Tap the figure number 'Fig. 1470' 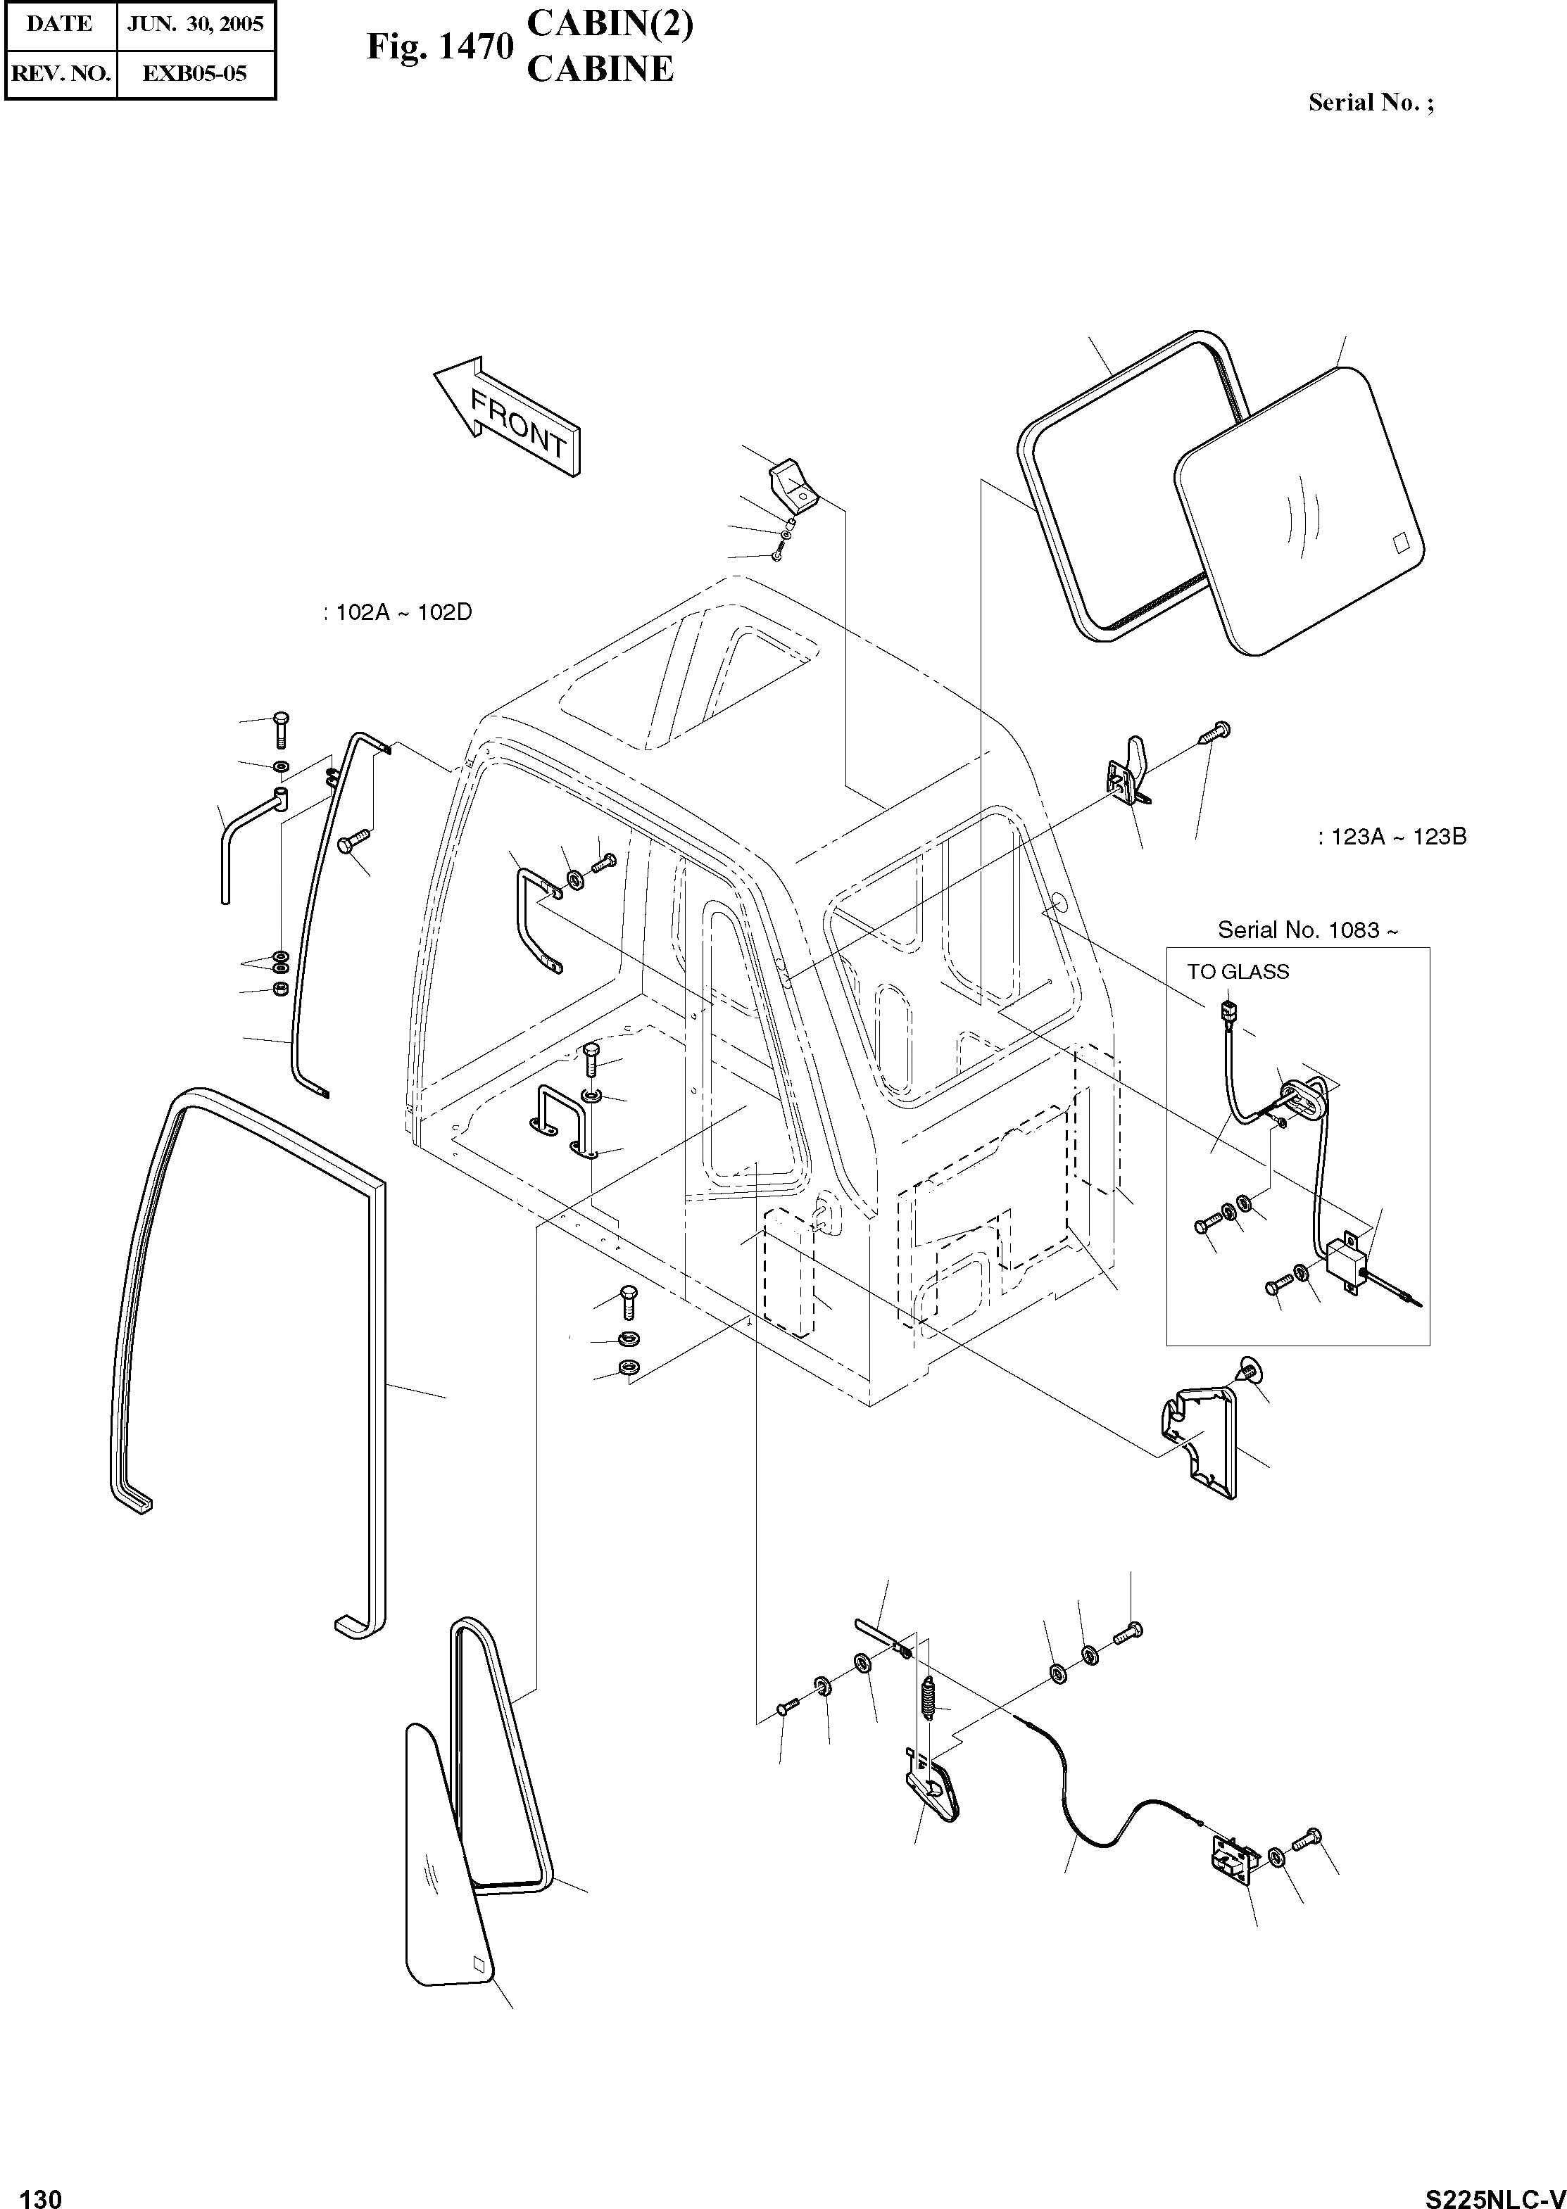click(x=439, y=47)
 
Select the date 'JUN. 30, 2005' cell click(x=195, y=24)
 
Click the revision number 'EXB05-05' click(x=195, y=72)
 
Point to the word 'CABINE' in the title click(x=599, y=70)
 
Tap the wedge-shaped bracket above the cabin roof click(x=792, y=485)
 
